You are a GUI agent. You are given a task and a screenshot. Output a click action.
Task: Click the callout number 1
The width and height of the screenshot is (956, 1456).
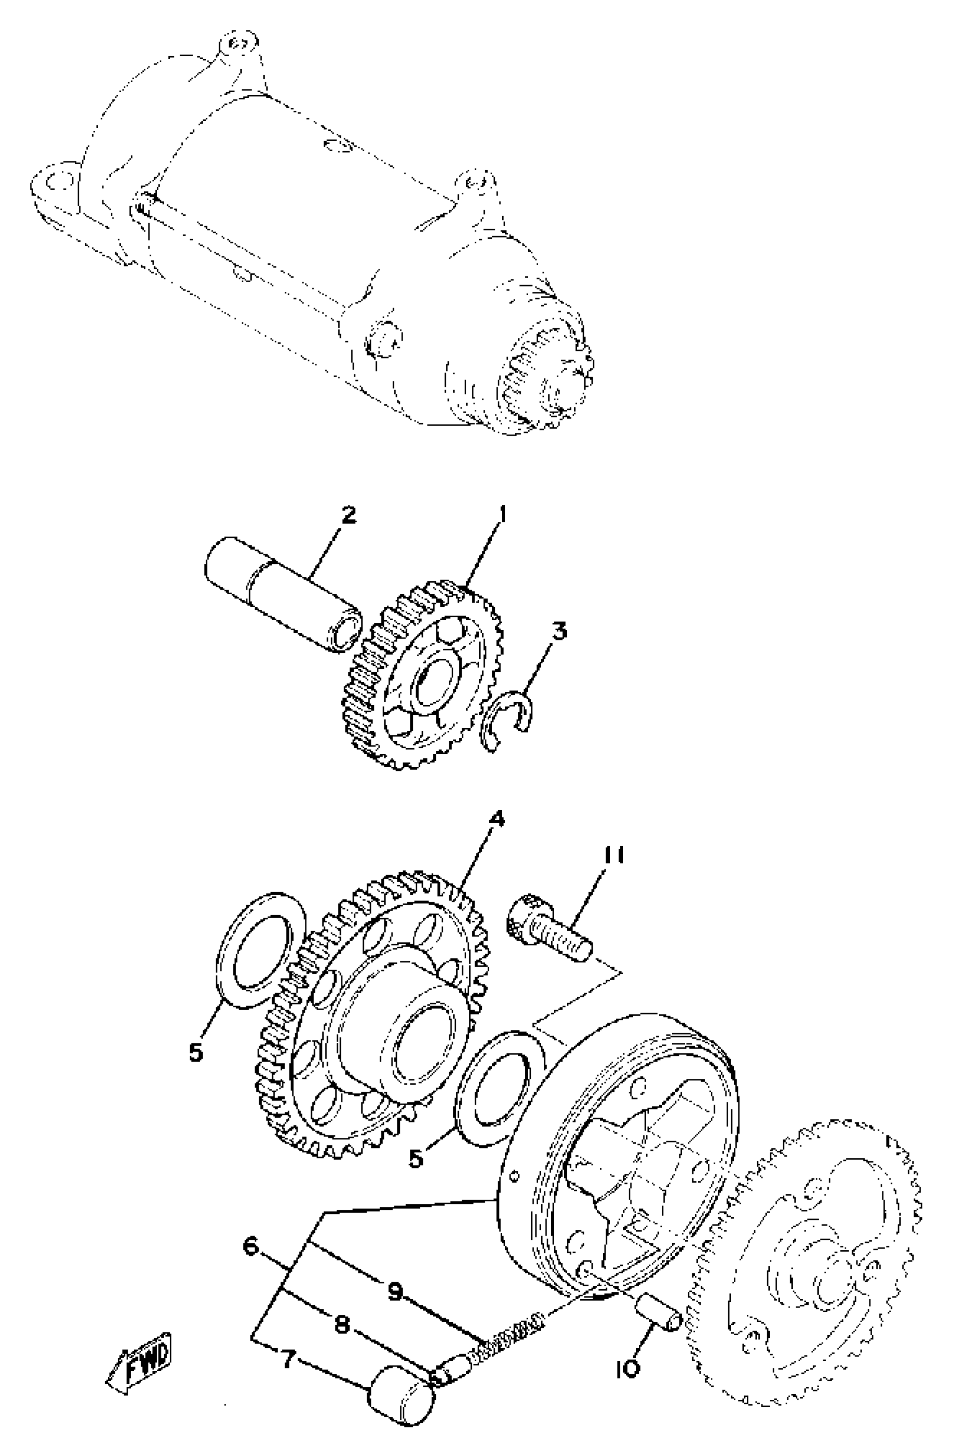(502, 516)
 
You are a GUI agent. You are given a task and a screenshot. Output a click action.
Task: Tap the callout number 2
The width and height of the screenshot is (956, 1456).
(348, 515)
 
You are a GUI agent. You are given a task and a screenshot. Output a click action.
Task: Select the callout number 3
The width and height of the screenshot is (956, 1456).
(559, 631)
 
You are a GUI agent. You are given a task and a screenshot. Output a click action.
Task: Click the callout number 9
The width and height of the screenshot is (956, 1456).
(395, 1291)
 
